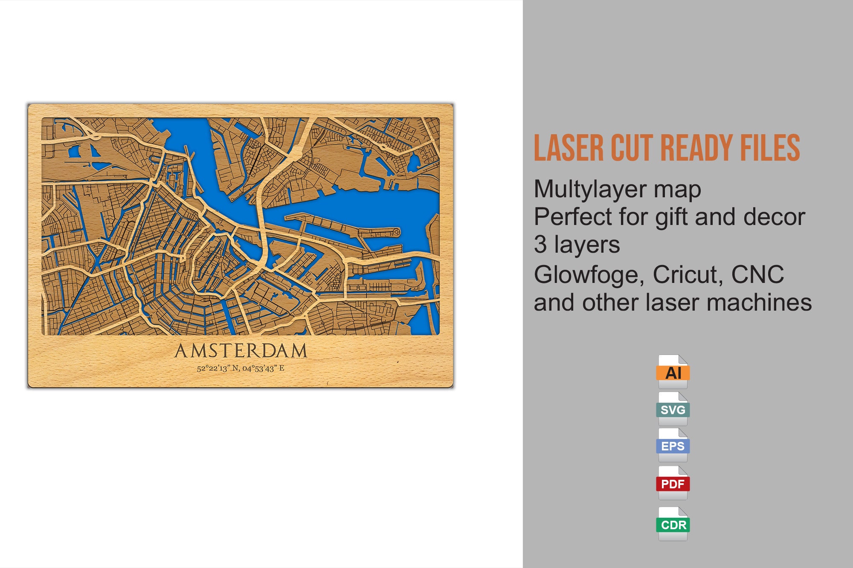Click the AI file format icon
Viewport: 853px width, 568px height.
click(x=673, y=372)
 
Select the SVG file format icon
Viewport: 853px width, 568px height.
click(x=673, y=409)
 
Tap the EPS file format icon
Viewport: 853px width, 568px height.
click(x=673, y=446)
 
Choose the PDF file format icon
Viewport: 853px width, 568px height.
click(x=673, y=483)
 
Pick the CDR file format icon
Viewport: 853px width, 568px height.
click(x=673, y=524)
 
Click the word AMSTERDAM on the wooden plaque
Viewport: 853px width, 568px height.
click(x=241, y=351)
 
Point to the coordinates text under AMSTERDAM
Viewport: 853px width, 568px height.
click(x=241, y=368)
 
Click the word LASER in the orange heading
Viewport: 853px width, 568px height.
click(x=569, y=148)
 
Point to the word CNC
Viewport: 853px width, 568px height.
click(x=757, y=275)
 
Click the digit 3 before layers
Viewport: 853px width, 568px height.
click(x=540, y=245)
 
